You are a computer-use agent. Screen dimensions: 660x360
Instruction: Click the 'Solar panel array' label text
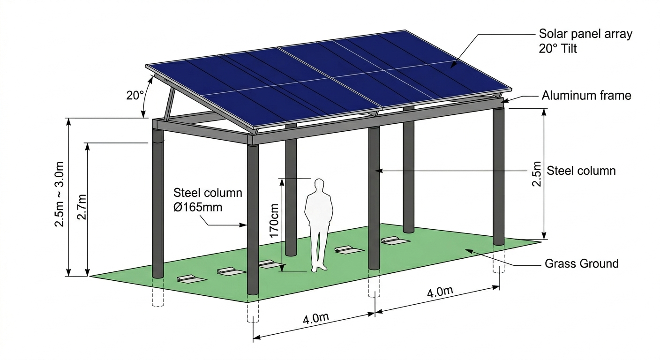pos(585,34)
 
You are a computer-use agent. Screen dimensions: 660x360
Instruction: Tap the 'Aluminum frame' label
pos(586,96)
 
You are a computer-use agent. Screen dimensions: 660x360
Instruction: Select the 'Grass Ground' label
pos(581,263)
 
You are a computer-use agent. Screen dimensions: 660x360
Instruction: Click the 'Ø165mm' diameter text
pos(199,207)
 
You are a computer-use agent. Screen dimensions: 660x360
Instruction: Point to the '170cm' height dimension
pos(275,220)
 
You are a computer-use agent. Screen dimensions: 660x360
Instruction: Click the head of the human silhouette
pos(319,184)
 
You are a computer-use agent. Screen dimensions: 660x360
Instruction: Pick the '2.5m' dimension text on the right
pos(538,175)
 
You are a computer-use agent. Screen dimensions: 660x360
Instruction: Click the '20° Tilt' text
pos(558,48)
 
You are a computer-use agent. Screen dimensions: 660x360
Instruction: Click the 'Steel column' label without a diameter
pos(581,171)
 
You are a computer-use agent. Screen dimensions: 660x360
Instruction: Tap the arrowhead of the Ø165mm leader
pos(246,225)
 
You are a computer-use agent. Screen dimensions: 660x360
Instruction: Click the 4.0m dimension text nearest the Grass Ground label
pos(440,292)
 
